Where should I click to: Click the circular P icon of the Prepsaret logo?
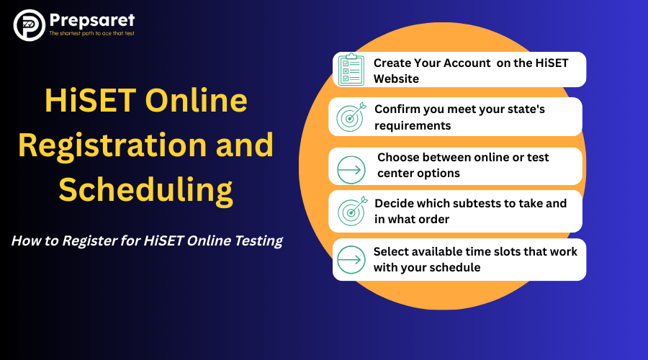(30, 25)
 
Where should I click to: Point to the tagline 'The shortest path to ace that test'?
(91, 34)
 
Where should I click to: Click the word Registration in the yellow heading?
(117, 145)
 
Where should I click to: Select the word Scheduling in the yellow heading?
(145, 189)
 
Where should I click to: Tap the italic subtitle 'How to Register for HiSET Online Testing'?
(147, 241)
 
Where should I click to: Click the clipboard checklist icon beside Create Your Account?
(352, 70)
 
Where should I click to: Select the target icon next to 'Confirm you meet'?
(351, 117)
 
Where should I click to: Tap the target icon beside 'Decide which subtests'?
(351, 210)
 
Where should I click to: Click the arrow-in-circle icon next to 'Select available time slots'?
(351, 259)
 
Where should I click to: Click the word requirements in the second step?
(413, 125)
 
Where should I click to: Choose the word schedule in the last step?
(456, 267)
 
